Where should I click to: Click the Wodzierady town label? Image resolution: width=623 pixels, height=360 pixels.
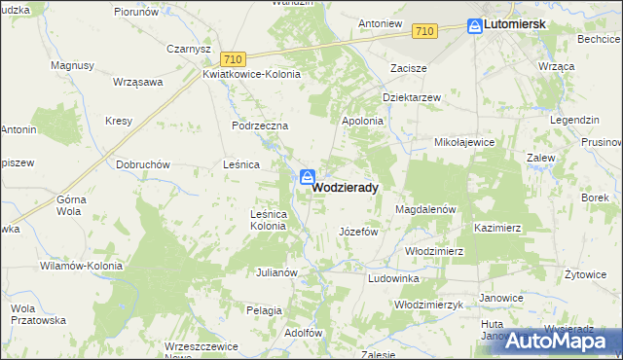coord(346,187)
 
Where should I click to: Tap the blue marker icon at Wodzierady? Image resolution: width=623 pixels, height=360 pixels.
coord(307,177)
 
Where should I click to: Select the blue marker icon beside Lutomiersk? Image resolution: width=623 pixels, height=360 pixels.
coord(474,26)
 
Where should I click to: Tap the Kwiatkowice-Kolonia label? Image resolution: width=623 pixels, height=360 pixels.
coord(251,74)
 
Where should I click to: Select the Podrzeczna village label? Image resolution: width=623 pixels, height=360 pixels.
coord(260,126)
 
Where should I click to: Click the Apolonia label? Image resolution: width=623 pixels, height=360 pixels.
coord(362,121)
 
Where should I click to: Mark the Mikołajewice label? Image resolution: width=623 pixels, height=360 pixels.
coord(464,142)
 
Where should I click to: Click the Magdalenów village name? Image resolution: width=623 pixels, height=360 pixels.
coord(425,209)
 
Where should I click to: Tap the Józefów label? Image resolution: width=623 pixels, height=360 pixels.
coord(357,233)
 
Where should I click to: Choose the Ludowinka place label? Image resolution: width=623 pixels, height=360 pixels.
coord(392,278)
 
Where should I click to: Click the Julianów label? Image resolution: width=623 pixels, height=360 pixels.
coord(275,272)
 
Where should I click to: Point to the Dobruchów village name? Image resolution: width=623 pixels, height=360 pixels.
coord(144,164)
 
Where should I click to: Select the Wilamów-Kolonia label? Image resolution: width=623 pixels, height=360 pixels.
coord(81,265)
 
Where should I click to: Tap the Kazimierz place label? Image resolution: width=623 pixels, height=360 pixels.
coord(497,227)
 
